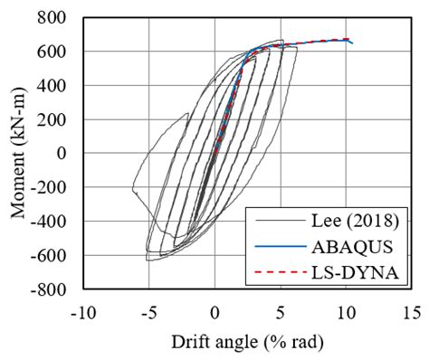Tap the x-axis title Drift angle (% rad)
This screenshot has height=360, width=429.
coord(247,343)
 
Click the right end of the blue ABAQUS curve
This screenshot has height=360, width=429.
coord(352,43)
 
